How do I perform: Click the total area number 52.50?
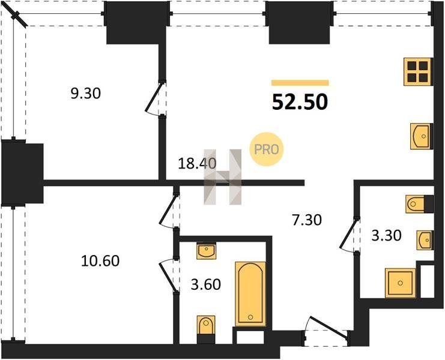(x=300, y=102)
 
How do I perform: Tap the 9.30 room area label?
(x=86, y=93)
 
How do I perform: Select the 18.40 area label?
(x=197, y=163)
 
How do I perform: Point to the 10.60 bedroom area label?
(x=100, y=261)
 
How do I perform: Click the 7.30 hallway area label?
(x=307, y=220)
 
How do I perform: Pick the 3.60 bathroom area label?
(x=206, y=284)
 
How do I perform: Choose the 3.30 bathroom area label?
(x=387, y=235)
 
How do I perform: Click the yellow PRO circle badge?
(x=266, y=149)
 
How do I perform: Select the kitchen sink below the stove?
(x=422, y=136)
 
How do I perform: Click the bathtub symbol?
(x=250, y=294)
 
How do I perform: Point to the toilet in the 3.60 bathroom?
(x=206, y=329)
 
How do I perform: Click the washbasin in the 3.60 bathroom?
(x=207, y=251)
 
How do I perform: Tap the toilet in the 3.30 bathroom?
(x=419, y=204)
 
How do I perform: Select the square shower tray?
(x=400, y=283)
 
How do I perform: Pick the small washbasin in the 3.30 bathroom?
(x=425, y=241)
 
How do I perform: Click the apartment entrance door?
(x=326, y=332)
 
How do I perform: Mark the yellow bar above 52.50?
(x=300, y=83)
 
